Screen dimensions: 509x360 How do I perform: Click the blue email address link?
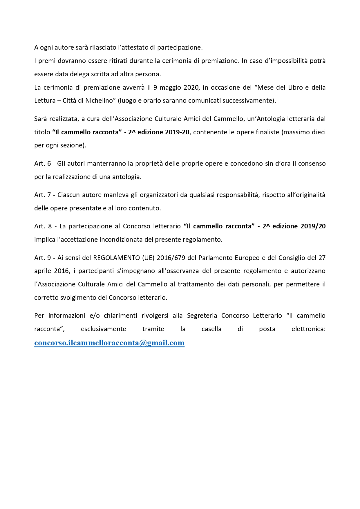tap(109, 343)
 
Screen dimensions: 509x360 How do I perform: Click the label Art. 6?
tap(43, 164)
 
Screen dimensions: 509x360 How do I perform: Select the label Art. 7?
tap(43, 195)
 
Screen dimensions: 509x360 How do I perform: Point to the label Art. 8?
tap(43, 226)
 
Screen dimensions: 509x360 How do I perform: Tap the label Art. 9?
tap(43, 258)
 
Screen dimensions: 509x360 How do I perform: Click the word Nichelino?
tap(99, 101)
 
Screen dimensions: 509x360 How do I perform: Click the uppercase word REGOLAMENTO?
tap(116, 258)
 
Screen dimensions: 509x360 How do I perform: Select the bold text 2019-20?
tap(177, 132)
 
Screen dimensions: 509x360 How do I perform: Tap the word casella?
tap(211, 329)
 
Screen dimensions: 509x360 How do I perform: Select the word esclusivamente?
tap(104, 329)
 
